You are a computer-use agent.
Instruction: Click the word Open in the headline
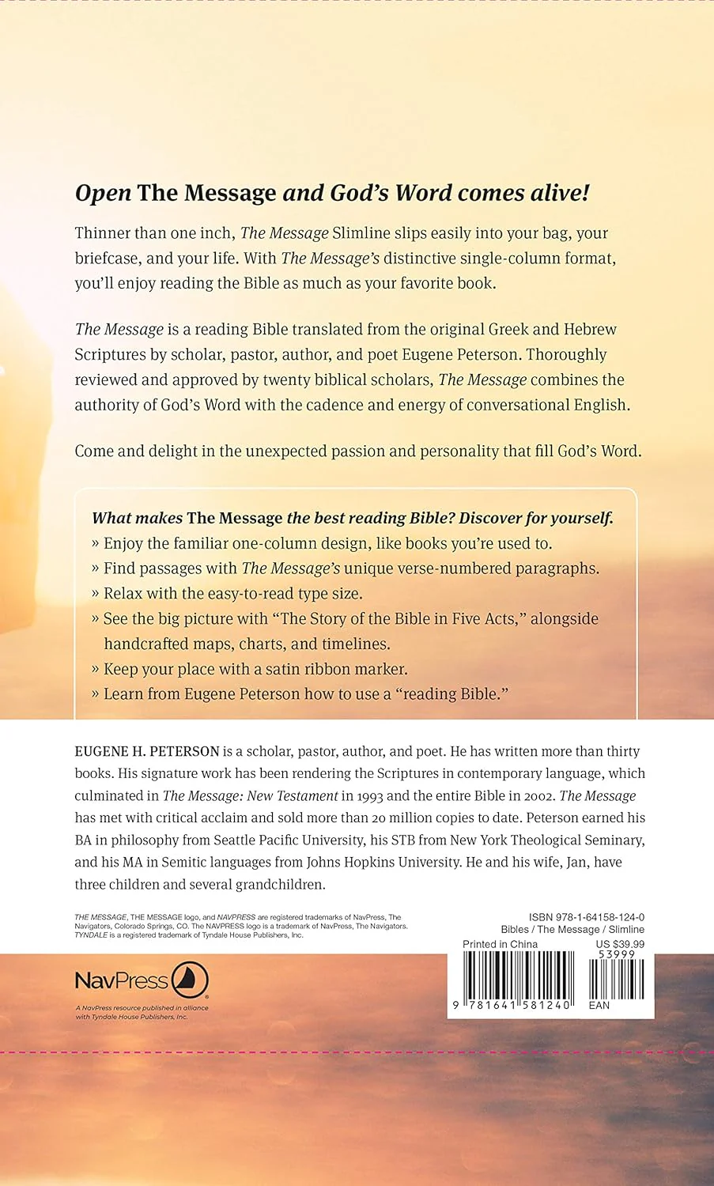click(x=103, y=194)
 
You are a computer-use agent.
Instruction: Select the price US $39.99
click(x=620, y=944)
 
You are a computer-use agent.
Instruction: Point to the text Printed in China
click(x=500, y=944)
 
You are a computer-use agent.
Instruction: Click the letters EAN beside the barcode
click(x=599, y=1005)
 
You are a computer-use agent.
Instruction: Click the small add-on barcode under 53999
click(x=620, y=979)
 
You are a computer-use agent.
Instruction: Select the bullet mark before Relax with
click(x=96, y=594)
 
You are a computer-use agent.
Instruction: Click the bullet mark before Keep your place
click(x=96, y=669)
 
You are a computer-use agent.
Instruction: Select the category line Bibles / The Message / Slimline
click(x=572, y=930)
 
